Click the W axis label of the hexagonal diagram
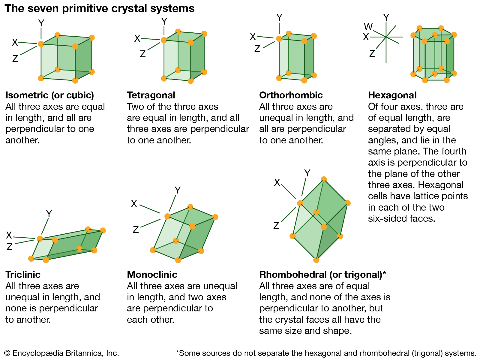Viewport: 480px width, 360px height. coord(368,27)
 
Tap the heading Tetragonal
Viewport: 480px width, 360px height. coord(151,95)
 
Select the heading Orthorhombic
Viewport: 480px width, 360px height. coord(291,95)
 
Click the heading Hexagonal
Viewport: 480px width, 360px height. coord(392,95)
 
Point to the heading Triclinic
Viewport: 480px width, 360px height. coord(23,274)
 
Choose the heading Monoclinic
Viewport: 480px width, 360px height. coord(152,274)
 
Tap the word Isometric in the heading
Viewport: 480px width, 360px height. coord(27,95)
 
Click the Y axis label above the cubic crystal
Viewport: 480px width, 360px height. coord(41,23)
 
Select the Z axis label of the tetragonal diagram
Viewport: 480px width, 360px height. coord(142,54)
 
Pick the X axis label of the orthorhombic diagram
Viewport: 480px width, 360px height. coord(253,37)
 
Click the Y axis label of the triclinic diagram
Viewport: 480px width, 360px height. coord(49,214)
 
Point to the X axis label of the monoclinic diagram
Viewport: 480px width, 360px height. coord(134,204)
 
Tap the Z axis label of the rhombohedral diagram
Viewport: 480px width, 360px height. coord(276,226)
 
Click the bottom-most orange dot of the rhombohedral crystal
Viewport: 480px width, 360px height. coord(316,260)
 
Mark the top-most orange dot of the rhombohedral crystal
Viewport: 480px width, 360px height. coord(324,179)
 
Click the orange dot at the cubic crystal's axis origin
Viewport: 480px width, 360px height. coord(41,44)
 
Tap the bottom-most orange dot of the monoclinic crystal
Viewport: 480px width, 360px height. coord(178,260)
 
